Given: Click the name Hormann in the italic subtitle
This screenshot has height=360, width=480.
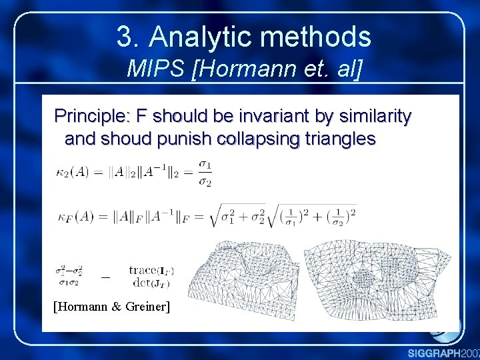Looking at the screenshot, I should [239, 69].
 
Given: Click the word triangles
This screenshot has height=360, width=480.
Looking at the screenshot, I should [339, 139].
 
